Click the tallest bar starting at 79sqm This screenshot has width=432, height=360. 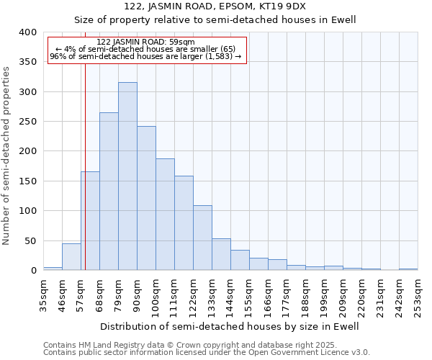[x=127, y=176]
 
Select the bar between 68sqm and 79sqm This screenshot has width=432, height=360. [x=109, y=192]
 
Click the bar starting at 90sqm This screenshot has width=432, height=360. [x=146, y=198]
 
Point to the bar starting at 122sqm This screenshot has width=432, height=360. [x=202, y=238]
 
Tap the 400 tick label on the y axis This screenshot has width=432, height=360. [x=27, y=32]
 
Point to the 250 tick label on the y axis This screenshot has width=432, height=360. [x=27, y=122]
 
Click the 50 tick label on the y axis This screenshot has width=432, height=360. [x=30, y=240]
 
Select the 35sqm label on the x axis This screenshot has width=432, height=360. [x=43, y=294]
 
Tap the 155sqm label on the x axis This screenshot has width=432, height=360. [x=249, y=295]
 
